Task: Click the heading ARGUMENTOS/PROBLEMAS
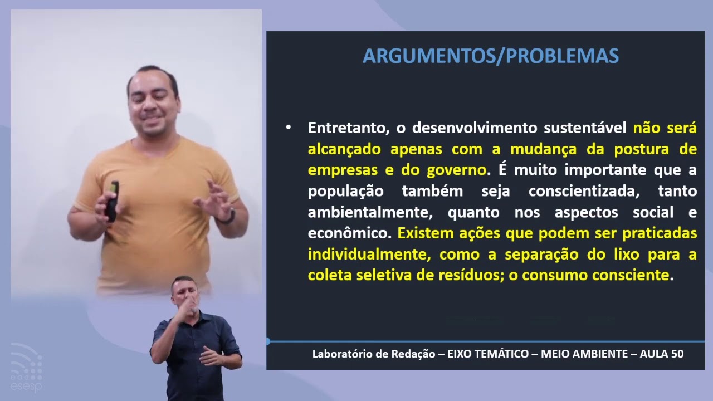[491, 56]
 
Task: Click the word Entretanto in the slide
[348, 128]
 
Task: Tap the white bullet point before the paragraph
[288, 128]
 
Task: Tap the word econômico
[349, 233]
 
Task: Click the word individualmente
[368, 255]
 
